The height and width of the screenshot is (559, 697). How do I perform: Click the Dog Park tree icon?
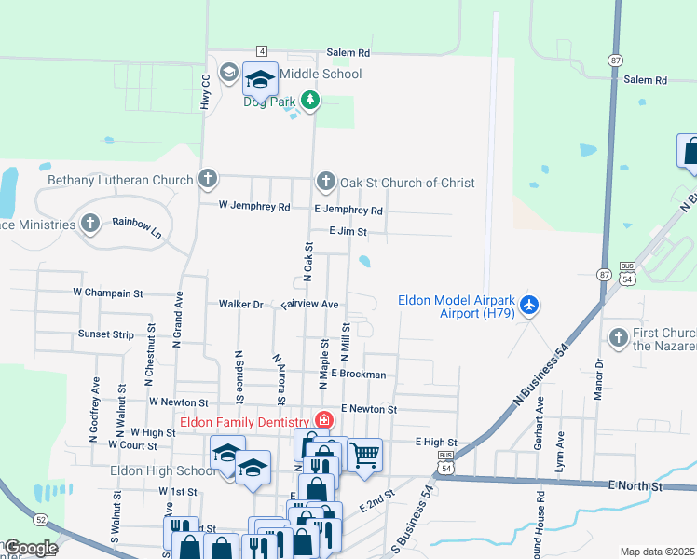309,101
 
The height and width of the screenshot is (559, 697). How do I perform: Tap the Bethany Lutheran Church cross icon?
207,179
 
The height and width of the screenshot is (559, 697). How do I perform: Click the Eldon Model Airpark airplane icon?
529,305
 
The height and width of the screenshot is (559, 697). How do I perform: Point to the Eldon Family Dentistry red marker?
323,421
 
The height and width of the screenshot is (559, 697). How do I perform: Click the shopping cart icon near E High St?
364,455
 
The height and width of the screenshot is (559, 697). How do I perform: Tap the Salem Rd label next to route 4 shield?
348,53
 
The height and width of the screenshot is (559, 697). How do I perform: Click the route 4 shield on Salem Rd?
263,50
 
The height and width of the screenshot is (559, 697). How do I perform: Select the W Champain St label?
108,293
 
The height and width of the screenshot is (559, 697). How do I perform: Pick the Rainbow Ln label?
137,228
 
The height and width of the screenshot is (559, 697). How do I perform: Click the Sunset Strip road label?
106,334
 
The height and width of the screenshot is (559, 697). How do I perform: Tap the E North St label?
635,486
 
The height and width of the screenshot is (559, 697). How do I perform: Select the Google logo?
30,548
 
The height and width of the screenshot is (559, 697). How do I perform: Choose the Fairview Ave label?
309,304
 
